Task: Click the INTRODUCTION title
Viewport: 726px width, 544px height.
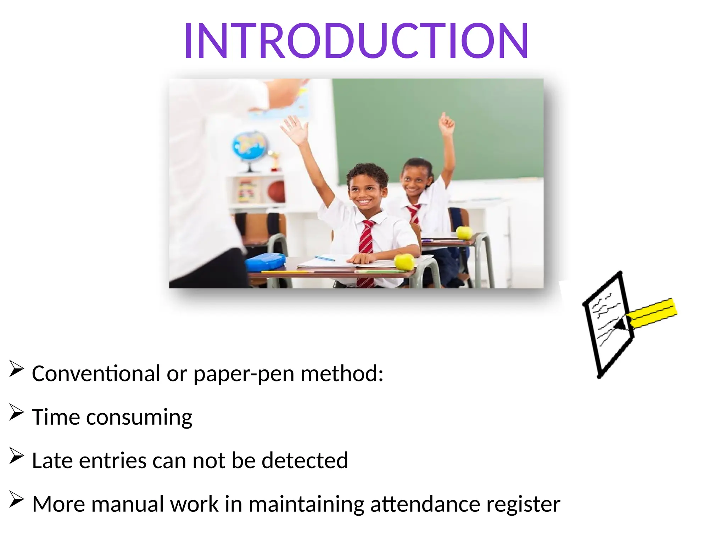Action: point(356,40)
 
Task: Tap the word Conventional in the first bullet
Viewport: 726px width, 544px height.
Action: point(96,374)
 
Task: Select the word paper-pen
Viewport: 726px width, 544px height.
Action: point(244,374)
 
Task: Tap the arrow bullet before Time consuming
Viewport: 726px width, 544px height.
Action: point(16,413)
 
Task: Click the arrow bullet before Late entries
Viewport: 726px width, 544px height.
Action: point(16,456)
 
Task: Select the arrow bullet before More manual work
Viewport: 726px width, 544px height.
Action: point(16,500)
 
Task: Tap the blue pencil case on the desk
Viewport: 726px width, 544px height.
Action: point(265,262)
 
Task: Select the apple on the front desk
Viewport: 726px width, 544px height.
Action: point(404,261)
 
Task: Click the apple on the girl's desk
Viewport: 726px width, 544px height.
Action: point(464,233)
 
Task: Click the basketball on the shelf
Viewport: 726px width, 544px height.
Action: point(277,192)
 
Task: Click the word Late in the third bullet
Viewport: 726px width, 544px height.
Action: point(53,460)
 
